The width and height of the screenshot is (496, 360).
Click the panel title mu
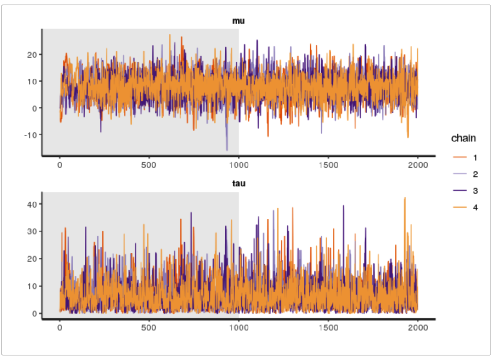point(239,21)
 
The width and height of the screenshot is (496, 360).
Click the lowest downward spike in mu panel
point(227,150)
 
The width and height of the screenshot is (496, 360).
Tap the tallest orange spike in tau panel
point(405,198)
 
